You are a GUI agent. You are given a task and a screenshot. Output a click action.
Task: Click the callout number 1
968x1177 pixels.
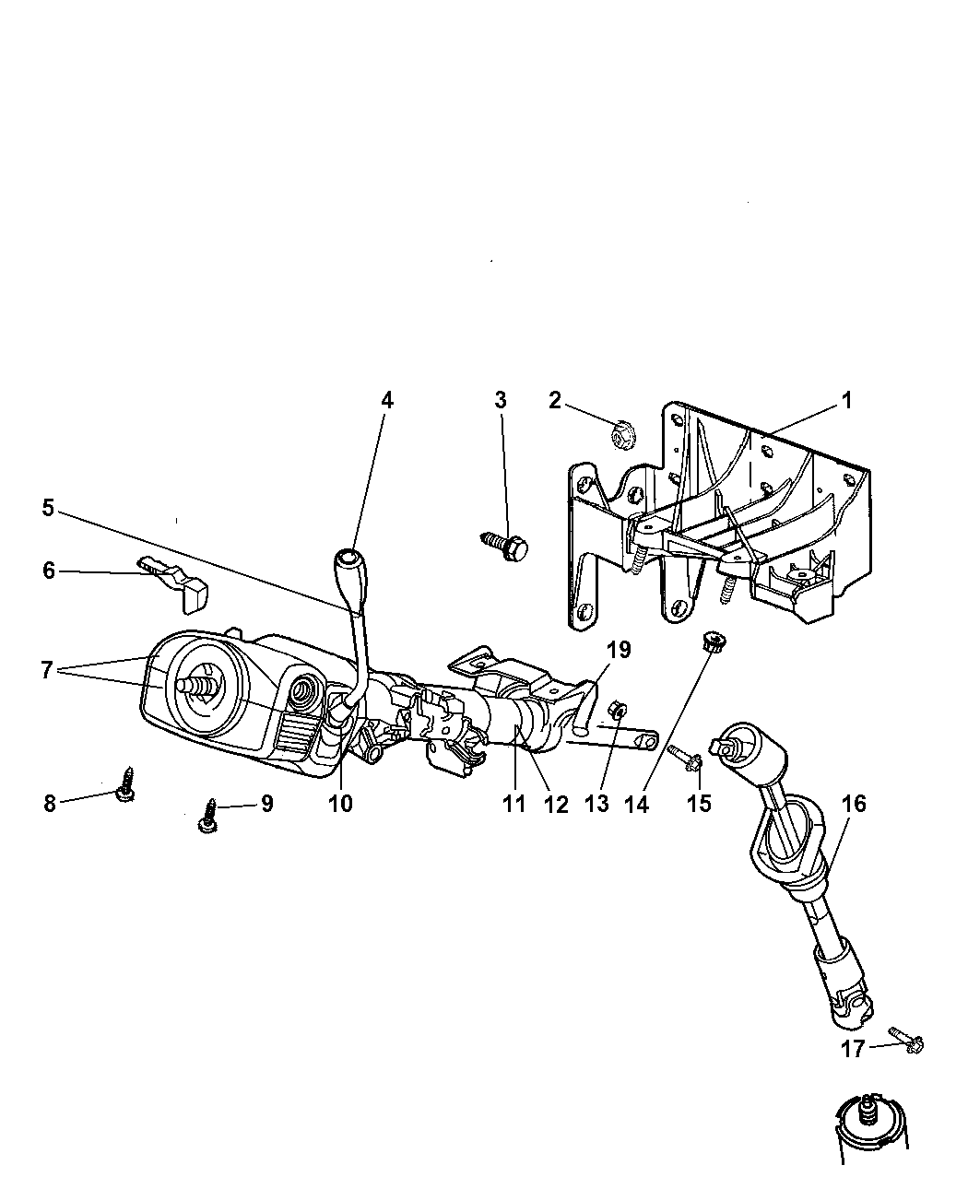pos(845,402)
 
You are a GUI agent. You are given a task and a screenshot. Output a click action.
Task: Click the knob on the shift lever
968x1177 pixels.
pos(348,562)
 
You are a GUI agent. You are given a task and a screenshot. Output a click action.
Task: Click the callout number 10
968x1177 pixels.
pos(340,803)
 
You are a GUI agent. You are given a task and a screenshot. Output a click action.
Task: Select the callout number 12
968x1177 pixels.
pos(555,804)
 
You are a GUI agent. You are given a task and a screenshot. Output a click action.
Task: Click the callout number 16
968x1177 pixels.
pos(854,804)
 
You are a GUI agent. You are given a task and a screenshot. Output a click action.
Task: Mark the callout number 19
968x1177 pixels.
pos(618,651)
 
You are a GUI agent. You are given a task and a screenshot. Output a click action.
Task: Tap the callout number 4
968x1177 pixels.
pos(386,400)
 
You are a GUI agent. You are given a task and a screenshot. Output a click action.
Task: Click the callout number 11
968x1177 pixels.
pos(514,804)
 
